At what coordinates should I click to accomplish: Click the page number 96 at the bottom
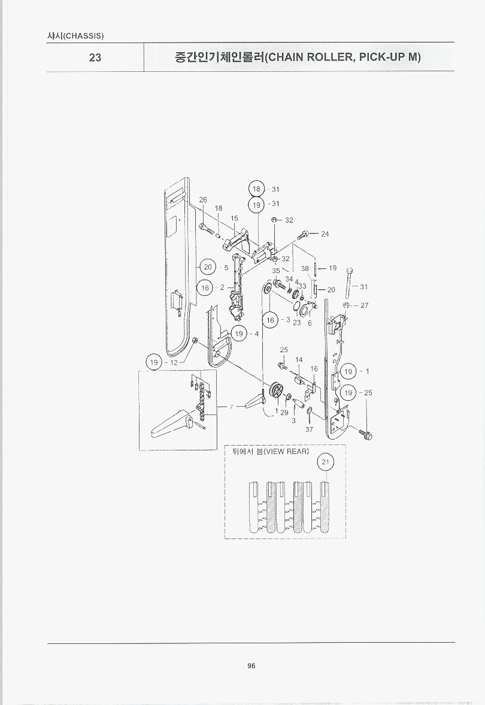point(251,666)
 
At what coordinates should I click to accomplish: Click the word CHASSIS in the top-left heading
point(84,36)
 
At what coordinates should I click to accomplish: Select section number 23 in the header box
point(95,58)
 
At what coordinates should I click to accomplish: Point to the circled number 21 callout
point(326,462)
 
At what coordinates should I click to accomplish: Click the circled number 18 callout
point(257,189)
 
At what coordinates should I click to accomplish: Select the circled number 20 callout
point(208,267)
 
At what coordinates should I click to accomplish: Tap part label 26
point(203,199)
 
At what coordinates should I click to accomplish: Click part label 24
point(325,234)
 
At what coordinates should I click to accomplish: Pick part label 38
point(305,268)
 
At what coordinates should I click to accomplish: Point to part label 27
point(365,305)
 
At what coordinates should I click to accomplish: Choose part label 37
point(309,429)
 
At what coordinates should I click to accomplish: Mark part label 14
point(299,360)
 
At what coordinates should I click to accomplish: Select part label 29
point(284,412)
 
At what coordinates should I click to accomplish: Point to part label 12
point(174,362)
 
